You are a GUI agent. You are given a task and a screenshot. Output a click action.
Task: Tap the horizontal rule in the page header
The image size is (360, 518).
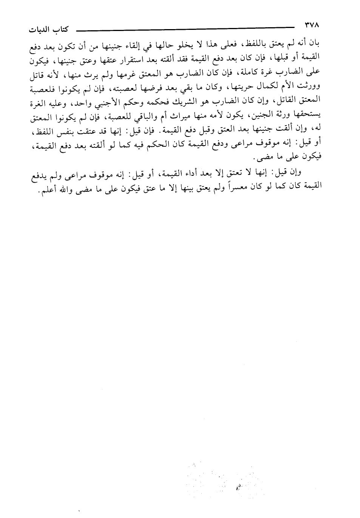pos(185,27)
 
